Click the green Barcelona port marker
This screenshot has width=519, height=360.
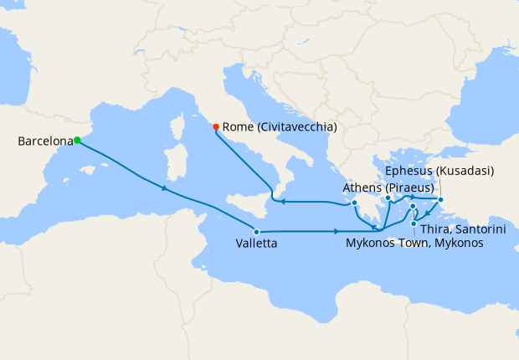tap(76, 140)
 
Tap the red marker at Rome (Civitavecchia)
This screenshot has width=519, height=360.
tap(216, 127)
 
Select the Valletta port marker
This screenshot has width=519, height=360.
tap(256, 231)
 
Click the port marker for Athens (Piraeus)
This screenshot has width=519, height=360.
tap(355, 203)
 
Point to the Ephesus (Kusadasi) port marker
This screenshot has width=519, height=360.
tap(441, 199)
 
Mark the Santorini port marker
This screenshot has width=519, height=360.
tap(414, 223)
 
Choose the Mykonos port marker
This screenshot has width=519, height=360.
tap(413, 205)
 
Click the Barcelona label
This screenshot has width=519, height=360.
tap(44, 141)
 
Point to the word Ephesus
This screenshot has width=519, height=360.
tap(410, 171)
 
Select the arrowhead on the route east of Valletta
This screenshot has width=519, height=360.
tap(337, 231)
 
